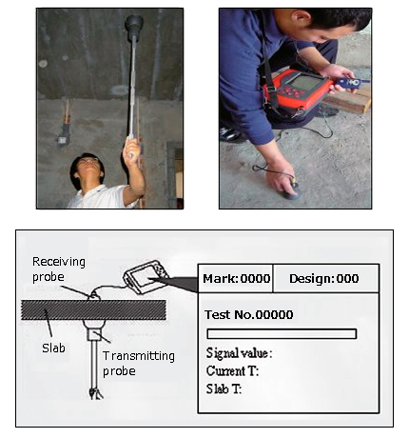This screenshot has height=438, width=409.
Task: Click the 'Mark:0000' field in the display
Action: click(x=236, y=278)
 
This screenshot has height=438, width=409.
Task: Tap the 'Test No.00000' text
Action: click(x=249, y=314)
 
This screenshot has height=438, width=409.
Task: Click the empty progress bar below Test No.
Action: click(x=282, y=334)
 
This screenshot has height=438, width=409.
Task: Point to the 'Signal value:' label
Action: click(x=239, y=353)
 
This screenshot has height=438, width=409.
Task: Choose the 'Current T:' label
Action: click(x=232, y=370)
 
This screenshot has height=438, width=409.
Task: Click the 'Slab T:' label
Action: click(x=224, y=388)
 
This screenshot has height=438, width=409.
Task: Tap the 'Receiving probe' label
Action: click(x=59, y=269)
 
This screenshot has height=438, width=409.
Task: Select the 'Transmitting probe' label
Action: click(x=139, y=364)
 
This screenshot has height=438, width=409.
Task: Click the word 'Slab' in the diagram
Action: click(x=53, y=348)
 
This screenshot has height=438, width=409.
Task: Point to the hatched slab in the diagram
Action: click(x=93, y=310)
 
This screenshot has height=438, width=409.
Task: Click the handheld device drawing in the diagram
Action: click(x=146, y=277)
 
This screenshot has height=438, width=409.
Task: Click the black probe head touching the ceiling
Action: click(x=134, y=24)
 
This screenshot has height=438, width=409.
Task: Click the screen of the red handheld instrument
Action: click(x=305, y=82)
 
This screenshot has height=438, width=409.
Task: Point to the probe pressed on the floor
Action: click(x=293, y=191)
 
